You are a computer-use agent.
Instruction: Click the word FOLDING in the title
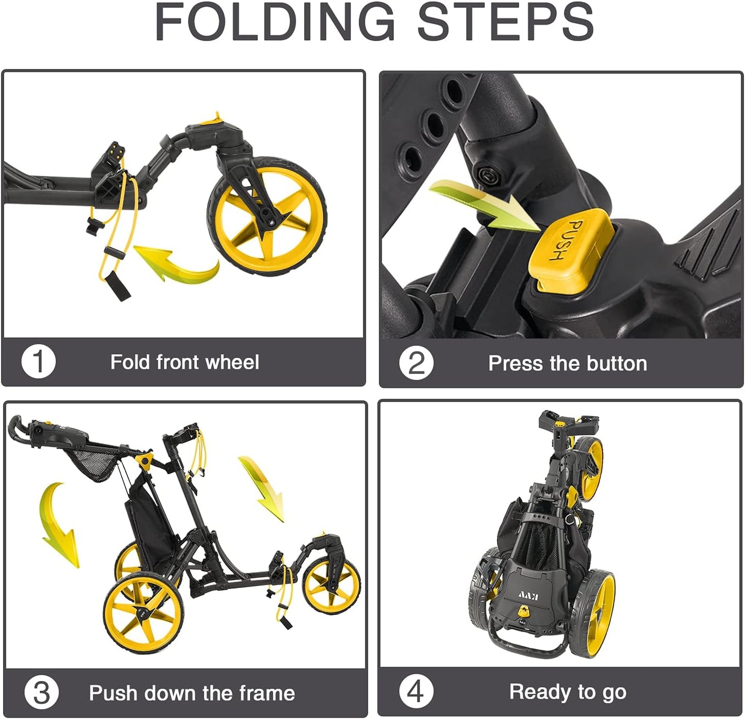coord(274,22)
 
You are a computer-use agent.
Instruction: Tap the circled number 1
coord(38,362)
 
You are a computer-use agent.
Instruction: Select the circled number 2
coord(416,363)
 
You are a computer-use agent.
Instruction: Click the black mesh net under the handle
coord(92,464)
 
